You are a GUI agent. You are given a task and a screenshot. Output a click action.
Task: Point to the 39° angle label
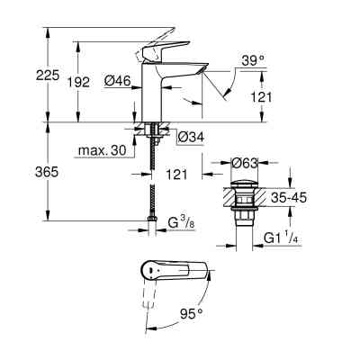(x=253, y=60)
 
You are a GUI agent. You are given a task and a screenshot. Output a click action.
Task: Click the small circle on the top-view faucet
(x=147, y=270)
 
